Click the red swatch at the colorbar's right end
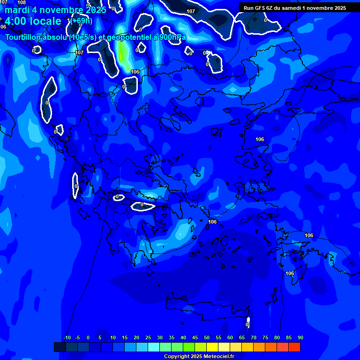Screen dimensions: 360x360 tap(294, 347)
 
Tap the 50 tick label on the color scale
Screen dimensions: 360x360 tap(207, 338)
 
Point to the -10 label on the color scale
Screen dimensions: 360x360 tap(67, 338)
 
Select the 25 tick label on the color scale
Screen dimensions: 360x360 tap(148, 338)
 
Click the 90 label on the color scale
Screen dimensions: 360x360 tap(300, 338)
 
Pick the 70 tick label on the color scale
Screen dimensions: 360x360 tap(254, 338)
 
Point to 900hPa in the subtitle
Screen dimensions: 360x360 tap(172, 37)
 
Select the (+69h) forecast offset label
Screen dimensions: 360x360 tap(82, 21)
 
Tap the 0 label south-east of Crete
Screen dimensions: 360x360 tap(247, 324)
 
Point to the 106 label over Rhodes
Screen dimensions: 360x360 tap(290, 273)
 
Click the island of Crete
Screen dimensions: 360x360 tap(206, 309)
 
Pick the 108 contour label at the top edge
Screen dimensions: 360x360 tap(22, 2)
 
